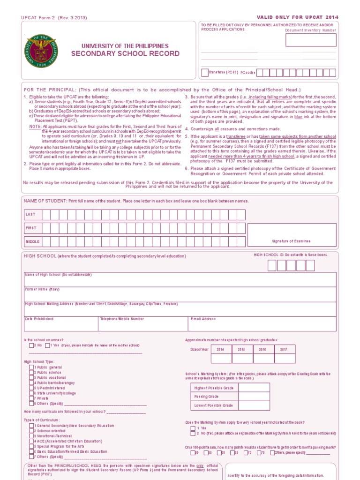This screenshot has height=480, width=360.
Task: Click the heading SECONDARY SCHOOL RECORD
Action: (125, 53)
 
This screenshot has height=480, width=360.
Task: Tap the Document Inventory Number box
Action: (311, 40)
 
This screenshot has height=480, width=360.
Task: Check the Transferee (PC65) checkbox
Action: (205, 73)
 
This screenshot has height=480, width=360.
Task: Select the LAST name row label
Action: (30, 215)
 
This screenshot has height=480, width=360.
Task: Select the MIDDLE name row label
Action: (32, 241)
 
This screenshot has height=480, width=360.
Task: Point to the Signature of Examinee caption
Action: (291, 241)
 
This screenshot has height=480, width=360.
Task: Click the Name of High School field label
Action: (58, 275)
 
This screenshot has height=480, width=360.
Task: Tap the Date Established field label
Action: (39, 319)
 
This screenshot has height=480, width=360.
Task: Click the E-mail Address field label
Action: (203, 319)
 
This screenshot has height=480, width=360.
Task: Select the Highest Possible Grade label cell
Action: (214, 388)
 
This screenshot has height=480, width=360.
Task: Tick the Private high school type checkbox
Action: (31, 398)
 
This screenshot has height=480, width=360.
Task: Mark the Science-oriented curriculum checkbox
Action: (31, 431)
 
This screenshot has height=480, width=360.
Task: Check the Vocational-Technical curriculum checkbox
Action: (31, 436)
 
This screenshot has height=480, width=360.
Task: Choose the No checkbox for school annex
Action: (31, 345)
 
